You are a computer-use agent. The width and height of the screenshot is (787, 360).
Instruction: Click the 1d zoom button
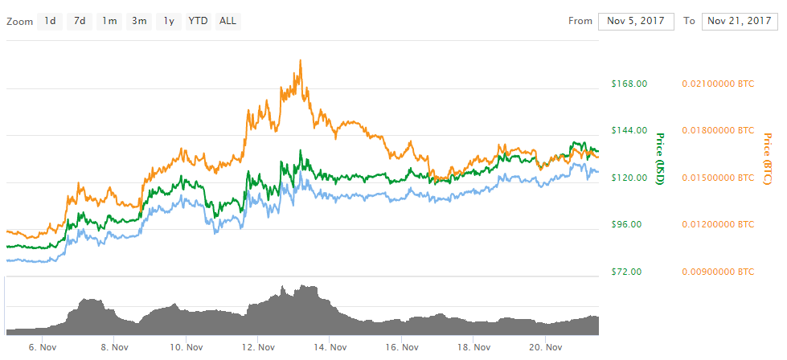click(50, 21)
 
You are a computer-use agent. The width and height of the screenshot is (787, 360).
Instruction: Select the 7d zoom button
click(80, 21)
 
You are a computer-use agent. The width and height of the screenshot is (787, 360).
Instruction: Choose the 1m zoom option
click(109, 21)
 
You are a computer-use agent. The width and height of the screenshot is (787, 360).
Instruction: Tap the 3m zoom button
click(139, 21)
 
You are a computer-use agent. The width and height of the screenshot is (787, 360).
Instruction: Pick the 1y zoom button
click(168, 21)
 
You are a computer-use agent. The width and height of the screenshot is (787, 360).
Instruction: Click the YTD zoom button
click(198, 21)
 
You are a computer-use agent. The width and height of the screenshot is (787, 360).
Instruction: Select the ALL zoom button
click(228, 21)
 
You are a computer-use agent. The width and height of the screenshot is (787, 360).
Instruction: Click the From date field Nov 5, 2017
click(635, 21)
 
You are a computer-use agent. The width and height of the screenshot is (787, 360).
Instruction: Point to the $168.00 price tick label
click(629, 83)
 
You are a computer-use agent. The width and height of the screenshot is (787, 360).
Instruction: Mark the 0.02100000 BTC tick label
click(718, 83)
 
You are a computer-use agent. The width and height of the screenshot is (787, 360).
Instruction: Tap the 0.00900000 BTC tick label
click(718, 272)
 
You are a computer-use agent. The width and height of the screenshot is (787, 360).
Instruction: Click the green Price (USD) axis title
click(660, 159)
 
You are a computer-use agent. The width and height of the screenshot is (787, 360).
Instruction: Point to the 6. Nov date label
click(41, 348)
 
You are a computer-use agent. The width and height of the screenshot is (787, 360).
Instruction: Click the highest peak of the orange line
click(300, 60)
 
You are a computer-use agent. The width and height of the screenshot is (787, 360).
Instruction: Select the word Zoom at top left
click(19, 22)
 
